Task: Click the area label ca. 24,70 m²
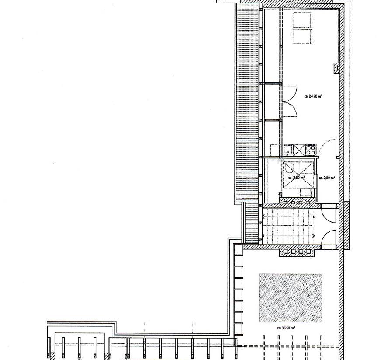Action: (313, 96)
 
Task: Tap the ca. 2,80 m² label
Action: (327, 178)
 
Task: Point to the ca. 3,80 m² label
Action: (296, 178)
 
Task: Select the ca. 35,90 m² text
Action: (286, 328)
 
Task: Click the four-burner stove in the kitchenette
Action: (310, 150)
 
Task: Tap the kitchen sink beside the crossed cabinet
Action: (287, 150)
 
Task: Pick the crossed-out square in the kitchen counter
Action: (298, 150)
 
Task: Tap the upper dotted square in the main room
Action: (302, 20)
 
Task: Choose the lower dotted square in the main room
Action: (302, 37)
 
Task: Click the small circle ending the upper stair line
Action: (315, 217)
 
